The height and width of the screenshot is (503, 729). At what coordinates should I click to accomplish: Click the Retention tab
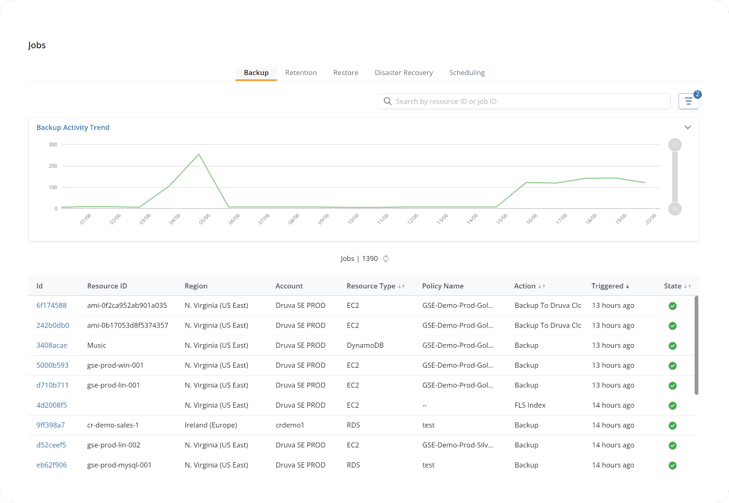pyautogui.click(x=300, y=73)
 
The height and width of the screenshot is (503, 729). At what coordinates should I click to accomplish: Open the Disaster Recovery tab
pyautogui.click(x=404, y=73)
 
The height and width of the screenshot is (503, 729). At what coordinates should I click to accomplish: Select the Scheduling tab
pyautogui.click(x=467, y=73)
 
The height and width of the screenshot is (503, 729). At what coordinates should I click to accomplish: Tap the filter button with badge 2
pyautogui.click(x=688, y=101)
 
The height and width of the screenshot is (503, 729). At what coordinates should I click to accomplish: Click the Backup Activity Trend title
pyautogui.click(x=73, y=128)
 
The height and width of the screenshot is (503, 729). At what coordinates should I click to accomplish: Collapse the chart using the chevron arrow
pyautogui.click(x=687, y=128)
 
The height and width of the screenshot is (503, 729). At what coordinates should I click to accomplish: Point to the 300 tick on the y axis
pyautogui.click(x=53, y=145)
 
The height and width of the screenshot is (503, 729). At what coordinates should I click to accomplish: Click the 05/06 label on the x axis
pyautogui.click(x=205, y=219)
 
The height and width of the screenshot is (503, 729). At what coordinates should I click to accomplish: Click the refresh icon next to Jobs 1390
pyautogui.click(x=386, y=259)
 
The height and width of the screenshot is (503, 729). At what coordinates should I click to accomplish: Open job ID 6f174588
pyautogui.click(x=52, y=306)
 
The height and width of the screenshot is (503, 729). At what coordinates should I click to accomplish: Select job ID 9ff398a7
pyautogui.click(x=51, y=425)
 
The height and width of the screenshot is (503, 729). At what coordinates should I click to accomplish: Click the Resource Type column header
pyautogui.click(x=371, y=286)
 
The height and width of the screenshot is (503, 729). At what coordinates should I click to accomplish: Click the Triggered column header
pyautogui.click(x=607, y=286)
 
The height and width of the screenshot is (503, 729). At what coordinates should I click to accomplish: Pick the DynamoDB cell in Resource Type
pyautogui.click(x=365, y=346)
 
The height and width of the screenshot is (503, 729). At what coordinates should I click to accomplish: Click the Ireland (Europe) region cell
pyautogui.click(x=211, y=425)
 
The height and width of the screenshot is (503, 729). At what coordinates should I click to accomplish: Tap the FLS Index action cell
pyautogui.click(x=530, y=405)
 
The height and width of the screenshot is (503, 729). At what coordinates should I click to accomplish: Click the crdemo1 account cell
pyautogui.click(x=290, y=425)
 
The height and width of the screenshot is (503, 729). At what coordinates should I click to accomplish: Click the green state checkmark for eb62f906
pyautogui.click(x=672, y=466)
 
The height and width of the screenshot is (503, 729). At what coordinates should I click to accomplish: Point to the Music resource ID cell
pyautogui.click(x=96, y=346)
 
